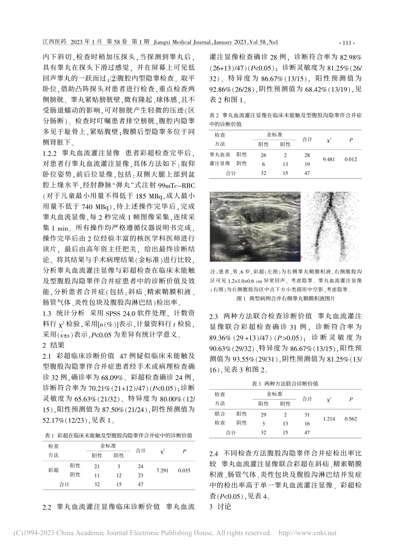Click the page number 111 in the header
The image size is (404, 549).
(348, 43)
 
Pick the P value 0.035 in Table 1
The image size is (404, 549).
(184, 471)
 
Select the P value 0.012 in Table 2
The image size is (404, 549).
(351, 159)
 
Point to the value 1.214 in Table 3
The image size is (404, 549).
(329, 419)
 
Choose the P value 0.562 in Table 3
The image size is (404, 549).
(351, 419)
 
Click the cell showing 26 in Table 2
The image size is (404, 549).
(264, 155)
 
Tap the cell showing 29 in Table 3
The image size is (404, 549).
(264, 415)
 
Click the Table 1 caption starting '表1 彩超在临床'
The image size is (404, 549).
(118, 436)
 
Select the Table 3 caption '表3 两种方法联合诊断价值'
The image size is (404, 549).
(285, 383)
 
